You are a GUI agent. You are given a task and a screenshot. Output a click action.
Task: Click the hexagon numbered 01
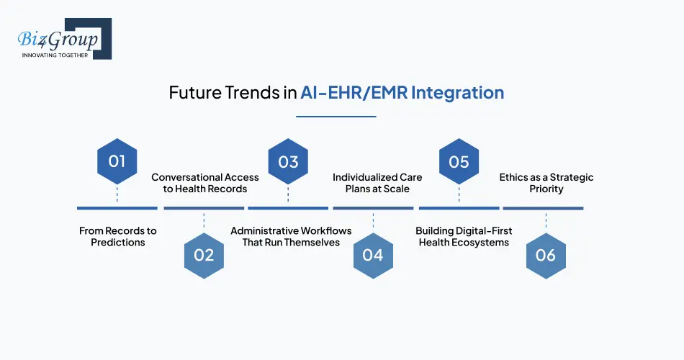117,161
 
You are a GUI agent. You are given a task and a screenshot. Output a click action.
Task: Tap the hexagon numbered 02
204,256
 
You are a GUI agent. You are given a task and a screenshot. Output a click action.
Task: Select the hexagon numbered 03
288,161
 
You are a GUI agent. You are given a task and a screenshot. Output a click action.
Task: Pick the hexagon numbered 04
373,256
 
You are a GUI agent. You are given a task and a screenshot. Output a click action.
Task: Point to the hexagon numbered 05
459,161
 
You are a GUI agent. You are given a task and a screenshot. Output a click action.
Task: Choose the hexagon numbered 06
546,256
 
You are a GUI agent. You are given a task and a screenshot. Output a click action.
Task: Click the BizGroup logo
65,38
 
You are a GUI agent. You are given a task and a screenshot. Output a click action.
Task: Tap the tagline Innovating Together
55,55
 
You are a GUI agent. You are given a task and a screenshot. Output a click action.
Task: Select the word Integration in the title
458,93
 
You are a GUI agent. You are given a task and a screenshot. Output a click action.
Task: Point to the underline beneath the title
336,117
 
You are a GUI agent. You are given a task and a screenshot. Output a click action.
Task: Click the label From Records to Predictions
118,236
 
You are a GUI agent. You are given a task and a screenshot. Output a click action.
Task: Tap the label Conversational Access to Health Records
205,183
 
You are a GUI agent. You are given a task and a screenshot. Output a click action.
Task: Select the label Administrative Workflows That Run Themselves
291,236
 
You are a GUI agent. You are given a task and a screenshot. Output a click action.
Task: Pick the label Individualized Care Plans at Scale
377,183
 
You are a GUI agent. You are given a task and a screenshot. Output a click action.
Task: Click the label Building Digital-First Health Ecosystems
464,236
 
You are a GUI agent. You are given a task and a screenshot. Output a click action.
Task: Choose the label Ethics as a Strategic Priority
546,183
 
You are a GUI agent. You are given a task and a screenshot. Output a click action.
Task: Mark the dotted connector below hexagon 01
117,194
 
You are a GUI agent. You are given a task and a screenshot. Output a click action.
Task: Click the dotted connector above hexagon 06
546,221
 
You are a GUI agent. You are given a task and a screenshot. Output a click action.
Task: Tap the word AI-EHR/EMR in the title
354,92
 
